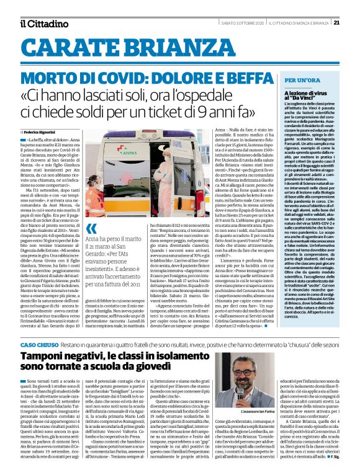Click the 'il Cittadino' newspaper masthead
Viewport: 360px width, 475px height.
point(45,24)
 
